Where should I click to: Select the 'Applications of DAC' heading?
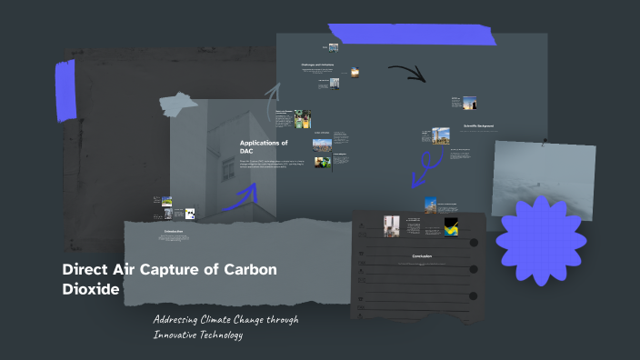click(x=264, y=146)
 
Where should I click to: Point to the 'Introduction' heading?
click(x=173, y=231)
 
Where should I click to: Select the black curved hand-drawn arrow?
click(x=406, y=73)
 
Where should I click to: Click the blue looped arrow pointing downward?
click(x=422, y=165)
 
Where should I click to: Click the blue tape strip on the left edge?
click(x=65, y=91)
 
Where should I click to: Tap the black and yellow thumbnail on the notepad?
click(x=450, y=226)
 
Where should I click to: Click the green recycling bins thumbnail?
click(x=303, y=118)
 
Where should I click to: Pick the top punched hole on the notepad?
click(x=475, y=226)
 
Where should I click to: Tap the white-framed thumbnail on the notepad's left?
click(x=392, y=226)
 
